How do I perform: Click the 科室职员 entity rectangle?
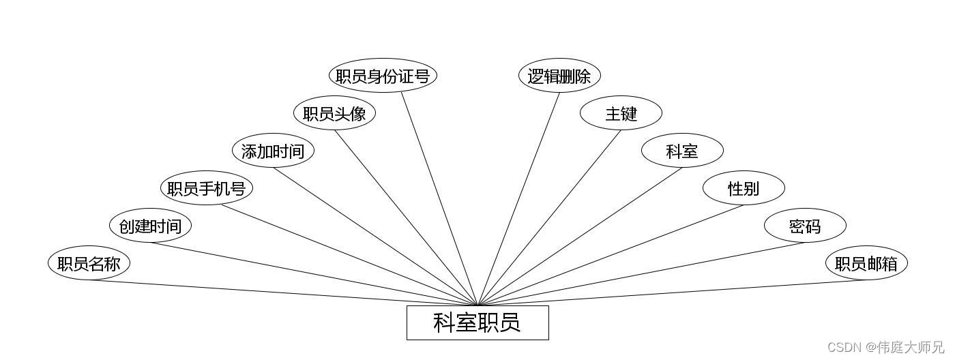click(x=477, y=322)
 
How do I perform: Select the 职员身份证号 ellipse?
click(x=383, y=76)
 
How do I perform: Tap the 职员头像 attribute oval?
click(x=334, y=113)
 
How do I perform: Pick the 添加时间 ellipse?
click(x=273, y=151)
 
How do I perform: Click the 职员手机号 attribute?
click(x=206, y=188)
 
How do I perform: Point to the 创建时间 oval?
click(x=150, y=226)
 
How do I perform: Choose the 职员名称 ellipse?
click(x=89, y=263)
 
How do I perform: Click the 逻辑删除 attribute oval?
click(x=559, y=76)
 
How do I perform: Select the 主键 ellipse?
click(x=621, y=113)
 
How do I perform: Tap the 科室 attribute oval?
click(x=682, y=151)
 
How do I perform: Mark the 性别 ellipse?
click(x=744, y=188)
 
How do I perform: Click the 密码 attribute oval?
click(x=805, y=226)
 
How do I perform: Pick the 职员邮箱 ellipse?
click(x=866, y=263)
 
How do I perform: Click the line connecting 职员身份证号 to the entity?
click(x=439, y=198)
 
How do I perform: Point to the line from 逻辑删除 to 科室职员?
click(x=519, y=198)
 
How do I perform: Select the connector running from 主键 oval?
click(x=550, y=217)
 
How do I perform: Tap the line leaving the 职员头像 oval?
click(x=406, y=217)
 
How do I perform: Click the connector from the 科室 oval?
click(x=580, y=236)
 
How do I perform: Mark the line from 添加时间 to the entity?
click(x=375, y=236)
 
